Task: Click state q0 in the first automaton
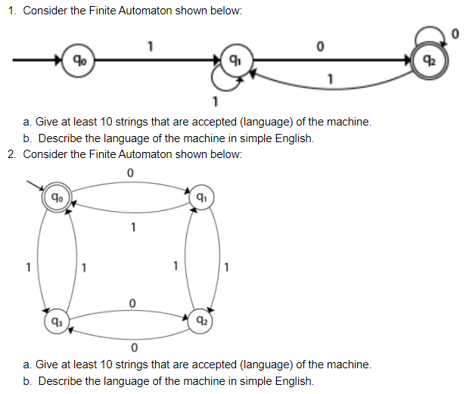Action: tap(77, 58)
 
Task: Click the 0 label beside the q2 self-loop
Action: tap(455, 33)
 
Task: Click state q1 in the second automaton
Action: tap(200, 199)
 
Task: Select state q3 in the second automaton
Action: tap(56, 318)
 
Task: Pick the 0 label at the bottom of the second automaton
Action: tap(132, 348)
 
